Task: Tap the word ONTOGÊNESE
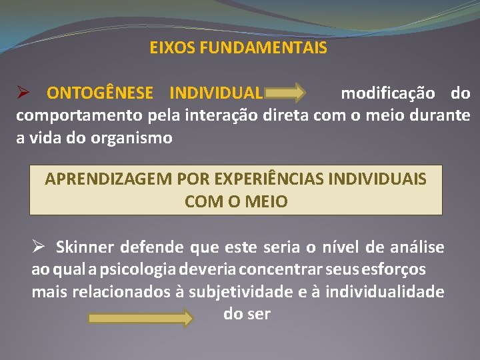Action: click(x=99, y=93)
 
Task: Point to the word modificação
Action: click(x=388, y=93)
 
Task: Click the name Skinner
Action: click(x=85, y=248)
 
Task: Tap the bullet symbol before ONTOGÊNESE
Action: click(x=23, y=93)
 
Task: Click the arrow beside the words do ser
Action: click(x=140, y=317)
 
